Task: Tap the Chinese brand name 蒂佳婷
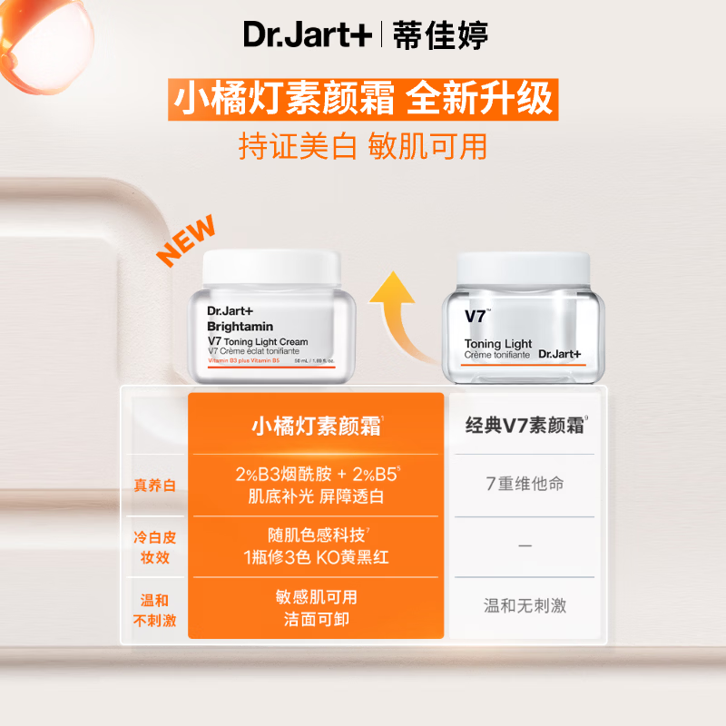click(x=441, y=35)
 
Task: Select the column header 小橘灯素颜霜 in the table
click(x=315, y=426)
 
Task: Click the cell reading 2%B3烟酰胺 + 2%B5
click(x=315, y=473)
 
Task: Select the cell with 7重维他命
click(x=524, y=484)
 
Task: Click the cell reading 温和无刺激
click(x=524, y=605)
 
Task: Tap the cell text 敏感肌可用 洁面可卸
click(x=315, y=608)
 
